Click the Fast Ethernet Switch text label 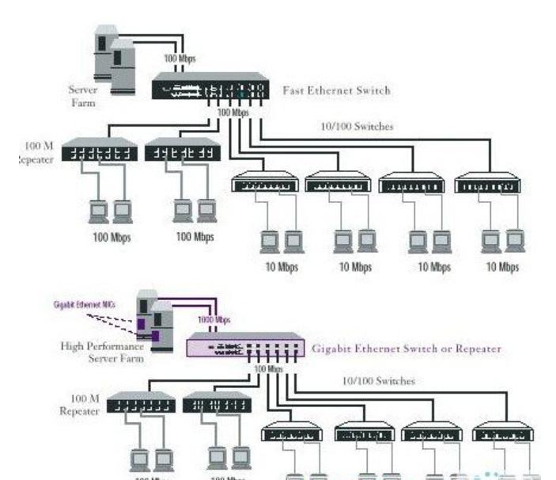pyautogui.click(x=336, y=90)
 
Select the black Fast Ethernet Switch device pyautogui.click(x=210, y=86)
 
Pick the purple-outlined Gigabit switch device pyautogui.click(x=244, y=347)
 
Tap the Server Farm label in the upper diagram pyautogui.click(x=82, y=95)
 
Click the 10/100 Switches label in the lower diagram pyautogui.click(x=377, y=381)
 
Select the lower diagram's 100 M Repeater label pyautogui.click(x=81, y=404)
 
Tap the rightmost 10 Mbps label pyautogui.click(x=503, y=267)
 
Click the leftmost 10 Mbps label pyautogui.click(x=282, y=267)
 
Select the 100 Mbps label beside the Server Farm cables pyautogui.click(x=180, y=58)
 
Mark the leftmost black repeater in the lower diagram pyautogui.click(x=140, y=404)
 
